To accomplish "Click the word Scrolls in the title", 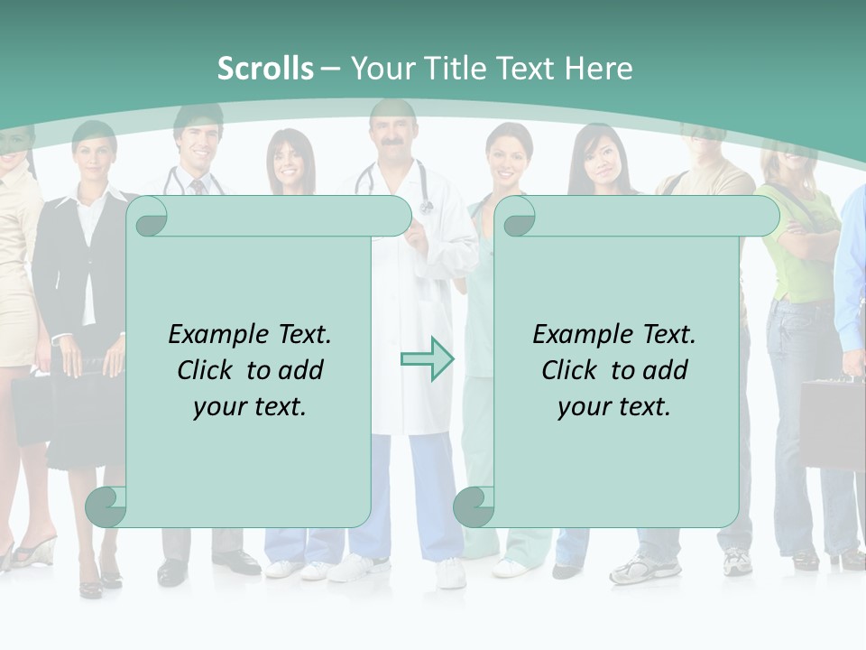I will click(x=265, y=68).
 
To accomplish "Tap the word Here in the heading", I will click(x=598, y=68).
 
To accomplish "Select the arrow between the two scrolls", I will click(x=427, y=359).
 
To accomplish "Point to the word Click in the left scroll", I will click(x=205, y=370).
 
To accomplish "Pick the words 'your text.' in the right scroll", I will click(x=613, y=406).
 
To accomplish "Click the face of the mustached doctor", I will click(x=392, y=135).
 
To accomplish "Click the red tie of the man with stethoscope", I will click(x=197, y=186).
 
